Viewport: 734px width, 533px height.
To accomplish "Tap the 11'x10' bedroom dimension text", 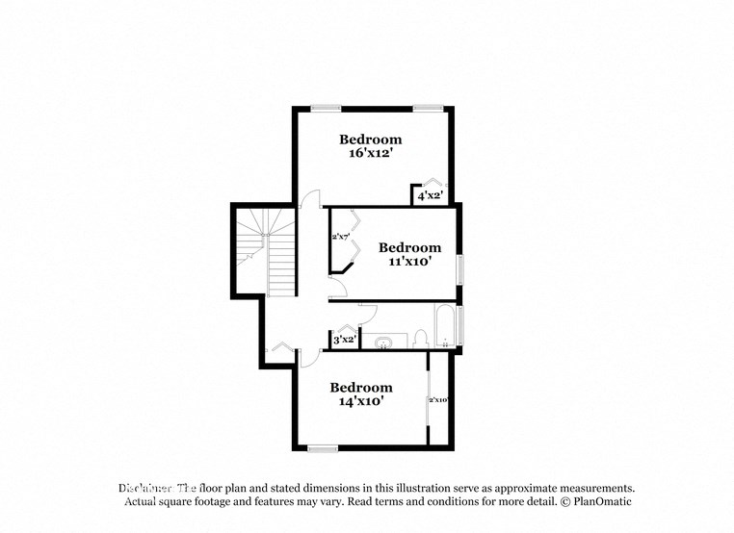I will [409, 262].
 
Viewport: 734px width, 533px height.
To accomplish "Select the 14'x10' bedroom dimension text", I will [361, 401].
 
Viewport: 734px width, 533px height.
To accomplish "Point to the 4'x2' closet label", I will [429, 196].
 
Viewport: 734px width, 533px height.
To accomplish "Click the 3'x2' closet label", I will [344, 339].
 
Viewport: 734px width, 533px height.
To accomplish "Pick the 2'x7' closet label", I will [339, 236].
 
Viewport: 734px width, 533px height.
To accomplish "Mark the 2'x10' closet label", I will [438, 399].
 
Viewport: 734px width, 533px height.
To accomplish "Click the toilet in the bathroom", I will [420, 338].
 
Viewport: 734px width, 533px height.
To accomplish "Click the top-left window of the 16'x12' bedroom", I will [326, 107].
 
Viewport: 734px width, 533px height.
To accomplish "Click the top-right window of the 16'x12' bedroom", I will [428, 107].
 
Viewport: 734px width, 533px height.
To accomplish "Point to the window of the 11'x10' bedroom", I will [460, 268].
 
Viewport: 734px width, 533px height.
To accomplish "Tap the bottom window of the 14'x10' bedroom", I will [323, 447].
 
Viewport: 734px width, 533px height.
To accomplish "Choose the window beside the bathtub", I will [460, 324].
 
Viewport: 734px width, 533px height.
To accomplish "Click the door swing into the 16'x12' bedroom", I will [310, 199].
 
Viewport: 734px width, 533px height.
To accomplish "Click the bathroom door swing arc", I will [367, 314].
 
